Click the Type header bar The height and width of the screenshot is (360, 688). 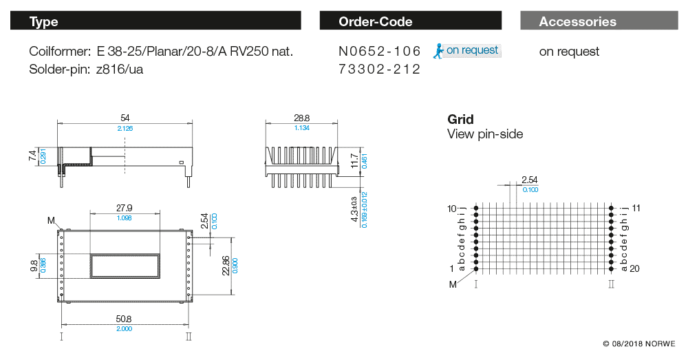[x=155, y=21]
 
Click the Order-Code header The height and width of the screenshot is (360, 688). [x=413, y=21]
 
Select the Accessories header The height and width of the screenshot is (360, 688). [x=599, y=21]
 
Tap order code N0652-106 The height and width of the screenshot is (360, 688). [x=379, y=52]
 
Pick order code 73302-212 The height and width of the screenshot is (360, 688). [x=379, y=70]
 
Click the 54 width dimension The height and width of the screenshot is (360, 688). [x=125, y=118]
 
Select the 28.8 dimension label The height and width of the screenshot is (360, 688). [x=301, y=118]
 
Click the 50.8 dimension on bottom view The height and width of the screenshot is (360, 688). [x=125, y=319]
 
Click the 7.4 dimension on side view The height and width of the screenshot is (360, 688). [x=32, y=157]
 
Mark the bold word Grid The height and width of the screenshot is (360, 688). [x=460, y=120]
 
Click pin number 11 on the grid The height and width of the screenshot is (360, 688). [x=636, y=207]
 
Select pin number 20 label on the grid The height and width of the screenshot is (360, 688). [x=634, y=268]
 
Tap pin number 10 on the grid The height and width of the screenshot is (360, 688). [x=452, y=208]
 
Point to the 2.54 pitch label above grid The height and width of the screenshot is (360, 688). [x=529, y=180]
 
